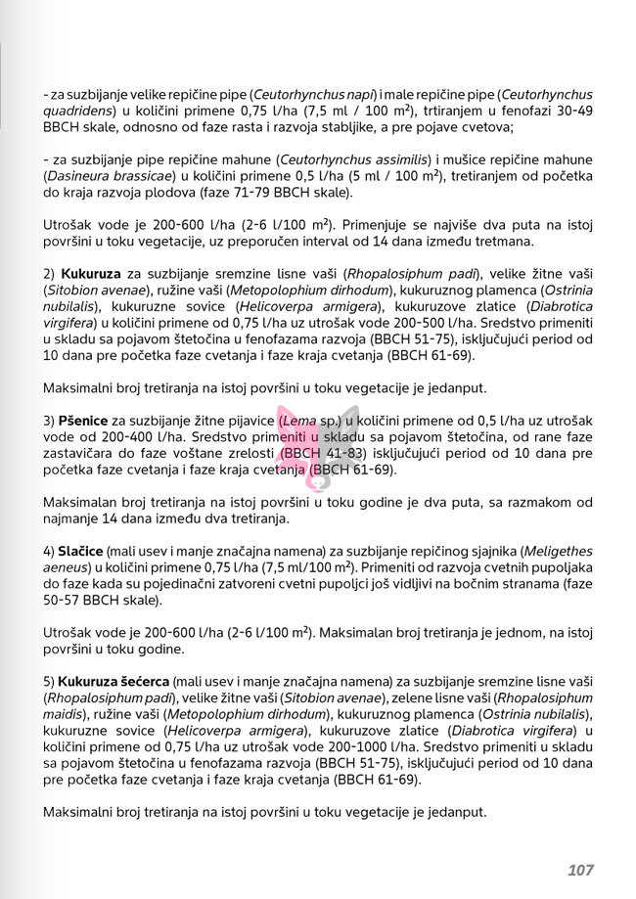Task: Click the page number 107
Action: (x=580, y=870)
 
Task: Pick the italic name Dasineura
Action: (x=81, y=176)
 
